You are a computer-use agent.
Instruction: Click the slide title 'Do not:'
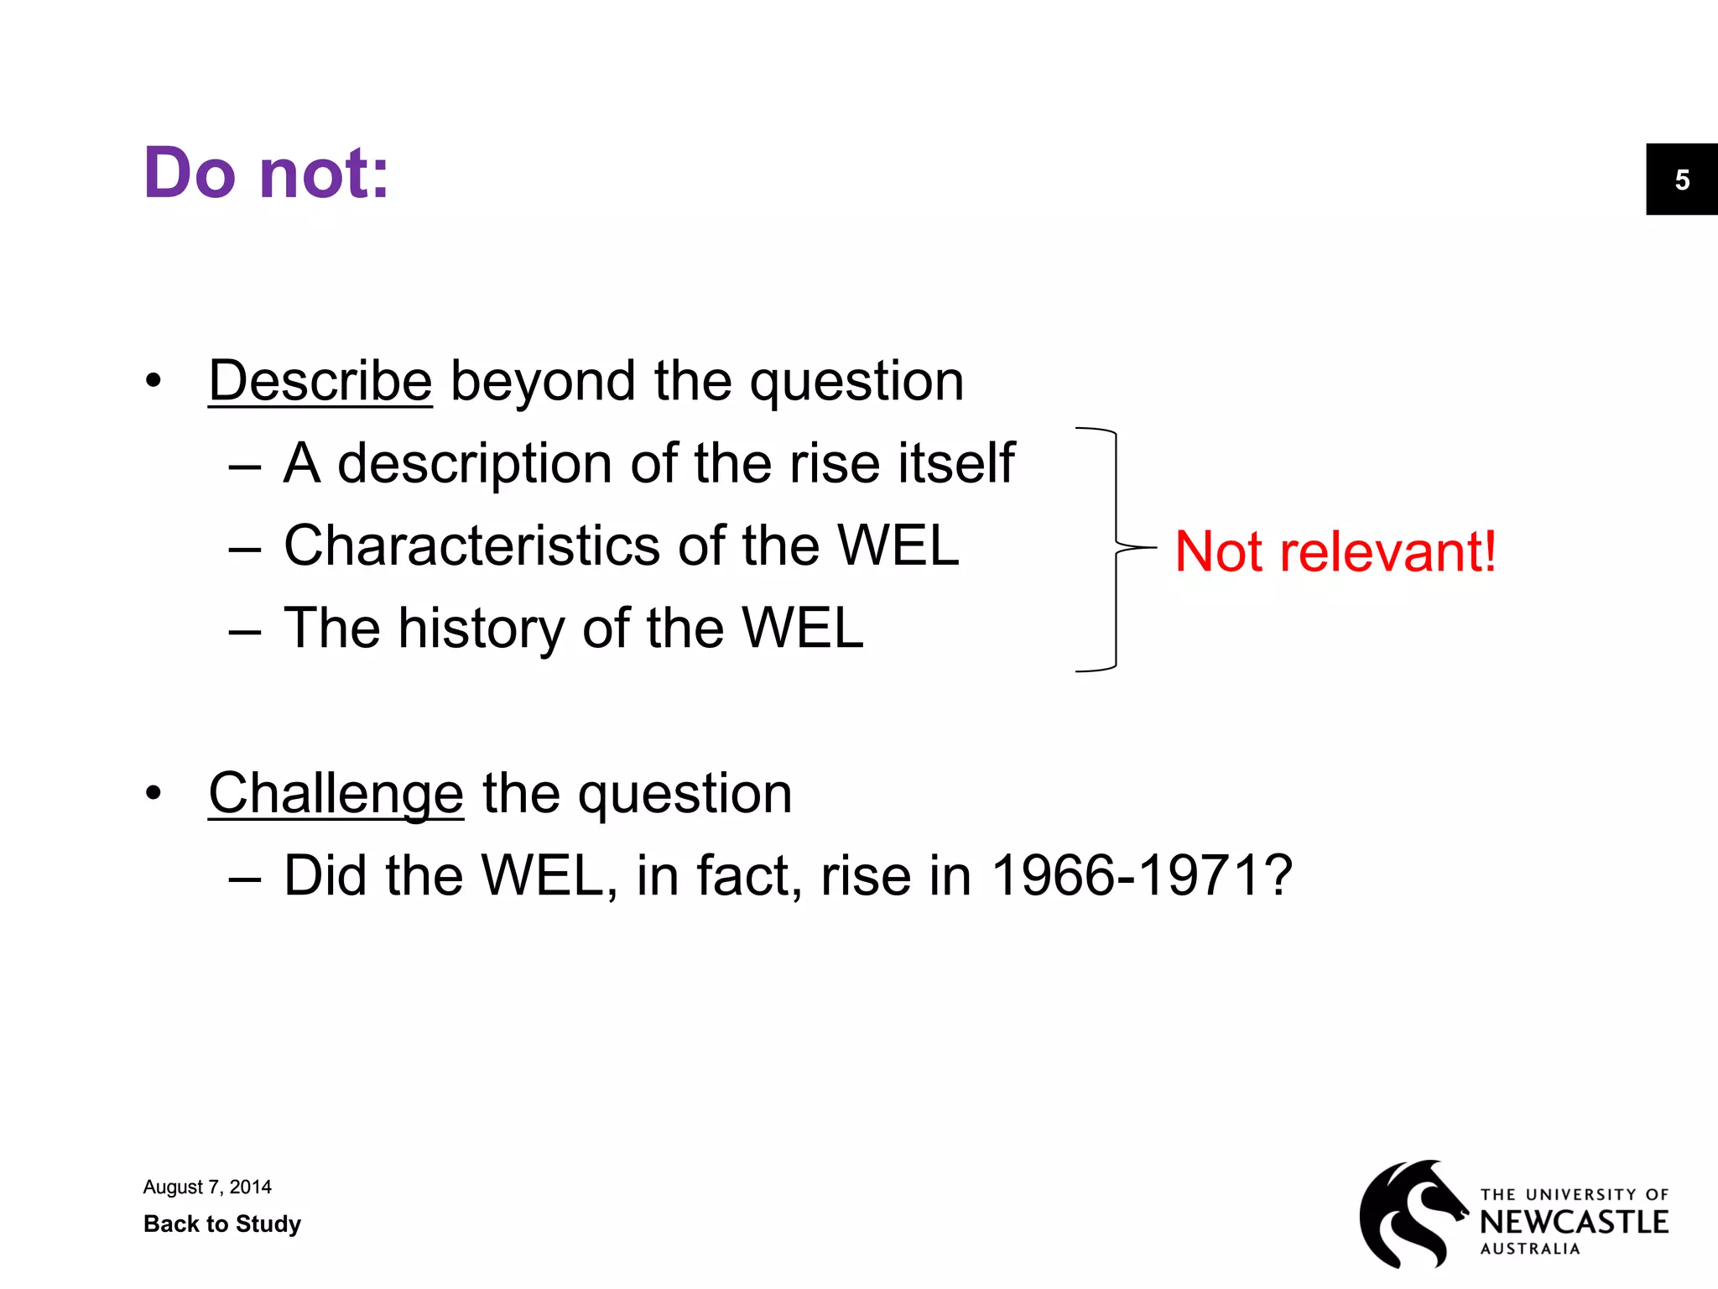266,173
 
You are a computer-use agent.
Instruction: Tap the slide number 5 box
1681,180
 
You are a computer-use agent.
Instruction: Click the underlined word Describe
320,381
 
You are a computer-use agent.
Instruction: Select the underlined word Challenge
336,793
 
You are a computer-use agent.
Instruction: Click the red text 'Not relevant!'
1335,551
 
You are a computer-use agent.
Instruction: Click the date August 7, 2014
207,1187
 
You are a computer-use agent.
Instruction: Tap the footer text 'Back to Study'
222,1224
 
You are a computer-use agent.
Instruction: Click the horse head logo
1412,1213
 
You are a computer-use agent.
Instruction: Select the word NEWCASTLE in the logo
1574,1222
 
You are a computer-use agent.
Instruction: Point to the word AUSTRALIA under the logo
1530,1249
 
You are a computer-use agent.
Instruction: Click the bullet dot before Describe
153,381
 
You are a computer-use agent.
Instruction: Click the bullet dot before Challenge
153,793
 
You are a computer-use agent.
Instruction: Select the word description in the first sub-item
474,463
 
